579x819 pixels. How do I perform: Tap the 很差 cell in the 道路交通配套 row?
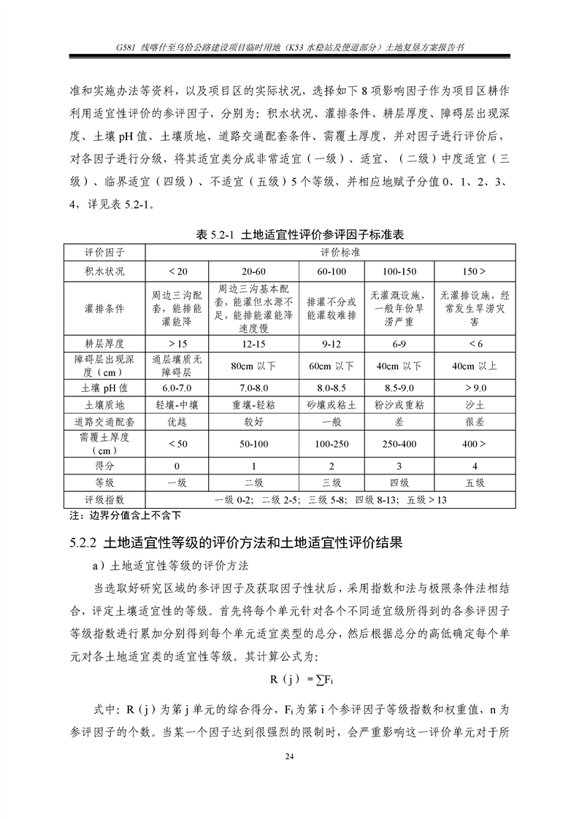[475, 422]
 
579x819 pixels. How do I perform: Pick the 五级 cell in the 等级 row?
[475, 482]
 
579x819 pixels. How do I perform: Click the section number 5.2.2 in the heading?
[84, 543]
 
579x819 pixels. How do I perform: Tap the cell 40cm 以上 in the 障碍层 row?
[475, 365]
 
